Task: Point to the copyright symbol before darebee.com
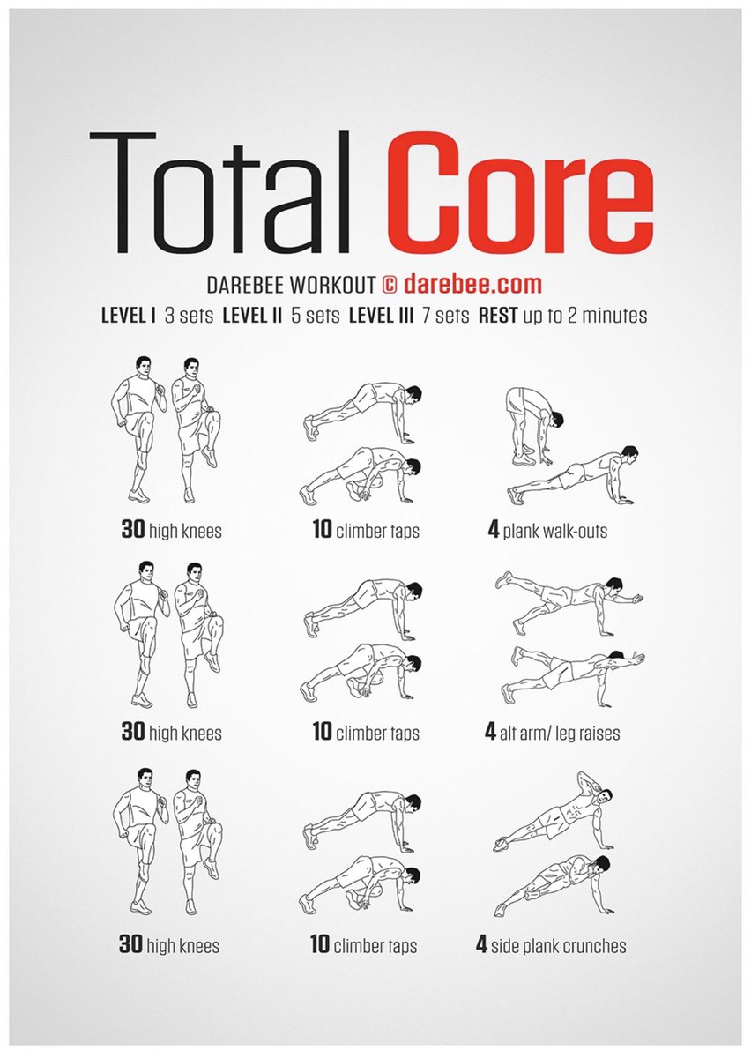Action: coord(390,285)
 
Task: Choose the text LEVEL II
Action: coord(259,315)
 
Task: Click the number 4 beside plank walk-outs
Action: coord(494,531)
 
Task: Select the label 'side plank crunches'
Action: coord(560,946)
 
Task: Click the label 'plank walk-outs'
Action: coord(555,532)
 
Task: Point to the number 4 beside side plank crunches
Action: coord(481,945)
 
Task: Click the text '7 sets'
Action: coord(450,315)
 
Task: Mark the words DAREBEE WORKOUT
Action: coord(291,286)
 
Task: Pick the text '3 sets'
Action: coord(189,315)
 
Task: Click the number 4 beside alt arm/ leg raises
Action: coord(490,733)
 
